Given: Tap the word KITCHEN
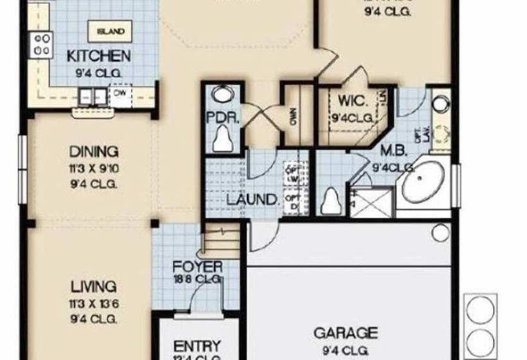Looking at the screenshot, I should pos(99,57).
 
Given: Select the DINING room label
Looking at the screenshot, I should pos(94,152).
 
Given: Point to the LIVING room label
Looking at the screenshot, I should pos(94,286).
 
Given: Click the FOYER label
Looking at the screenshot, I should pos(199,266).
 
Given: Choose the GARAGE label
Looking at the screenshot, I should pos(345,333).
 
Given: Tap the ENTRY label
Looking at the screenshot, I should pos(197,346).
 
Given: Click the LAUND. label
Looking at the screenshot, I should pos(253,199).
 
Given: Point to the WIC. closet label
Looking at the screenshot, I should pos(352,102).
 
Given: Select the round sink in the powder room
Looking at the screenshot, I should pos(222,94).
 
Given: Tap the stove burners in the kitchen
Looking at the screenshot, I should pos(42,45).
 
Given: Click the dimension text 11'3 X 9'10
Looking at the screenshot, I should pos(94,168).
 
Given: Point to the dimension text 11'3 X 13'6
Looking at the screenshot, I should pos(94,303).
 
